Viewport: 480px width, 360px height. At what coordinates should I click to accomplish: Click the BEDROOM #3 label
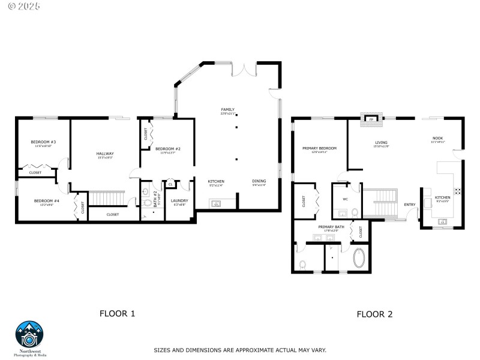coord(43,142)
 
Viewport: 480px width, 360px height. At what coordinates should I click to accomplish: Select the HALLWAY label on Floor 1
coord(105,154)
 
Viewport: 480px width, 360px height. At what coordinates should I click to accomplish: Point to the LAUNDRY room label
coord(179,201)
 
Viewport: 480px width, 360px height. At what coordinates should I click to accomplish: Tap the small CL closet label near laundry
coord(170,184)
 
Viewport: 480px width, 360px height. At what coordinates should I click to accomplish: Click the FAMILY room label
coord(227,110)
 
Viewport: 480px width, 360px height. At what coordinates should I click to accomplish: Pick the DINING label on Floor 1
coord(259,181)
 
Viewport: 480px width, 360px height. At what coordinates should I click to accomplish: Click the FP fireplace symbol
coord(371,119)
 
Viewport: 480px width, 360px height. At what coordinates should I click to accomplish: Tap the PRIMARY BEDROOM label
coord(319,148)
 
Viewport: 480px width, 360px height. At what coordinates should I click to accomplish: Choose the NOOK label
coord(437,139)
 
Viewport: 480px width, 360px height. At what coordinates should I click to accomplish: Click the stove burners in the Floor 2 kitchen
coord(457,191)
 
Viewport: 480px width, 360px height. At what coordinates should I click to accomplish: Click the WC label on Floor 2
coord(345,199)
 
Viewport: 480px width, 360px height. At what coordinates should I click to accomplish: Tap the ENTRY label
coord(410,205)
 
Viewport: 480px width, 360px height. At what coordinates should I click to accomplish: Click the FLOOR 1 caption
coord(117,313)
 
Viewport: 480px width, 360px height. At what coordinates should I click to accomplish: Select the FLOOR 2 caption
coord(374,314)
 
